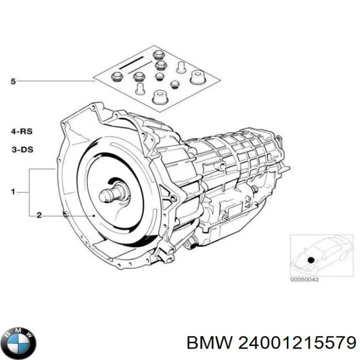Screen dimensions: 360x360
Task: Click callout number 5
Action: click(x=13, y=81)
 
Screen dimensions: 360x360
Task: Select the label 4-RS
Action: click(x=22, y=131)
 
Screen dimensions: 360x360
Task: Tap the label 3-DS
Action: click(x=22, y=149)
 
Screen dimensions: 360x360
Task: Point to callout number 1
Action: click(x=13, y=191)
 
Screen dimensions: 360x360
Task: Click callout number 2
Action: click(x=39, y=215)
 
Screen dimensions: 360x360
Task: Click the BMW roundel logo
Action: click(x=20, y=343)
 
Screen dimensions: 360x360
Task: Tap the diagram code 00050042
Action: click(x=304, y=279)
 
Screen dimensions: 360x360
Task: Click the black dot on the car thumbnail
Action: click(x=311, y=260)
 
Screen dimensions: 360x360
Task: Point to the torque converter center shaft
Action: click(x=112, y=194)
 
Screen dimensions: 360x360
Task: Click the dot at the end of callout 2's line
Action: click(x=93, y=215)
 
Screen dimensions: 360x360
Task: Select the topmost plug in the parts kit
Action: click(x=158, y=55)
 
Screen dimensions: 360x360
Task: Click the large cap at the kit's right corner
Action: click(x=197, y=77)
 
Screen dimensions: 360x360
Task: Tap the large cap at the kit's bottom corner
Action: click(x=160, y=97)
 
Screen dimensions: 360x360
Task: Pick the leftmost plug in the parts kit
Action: click(x=116, y=77)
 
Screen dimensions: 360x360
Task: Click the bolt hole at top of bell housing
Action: click(x=93, y=107)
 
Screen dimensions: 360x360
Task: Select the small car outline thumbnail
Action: click(x=321, y=255)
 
